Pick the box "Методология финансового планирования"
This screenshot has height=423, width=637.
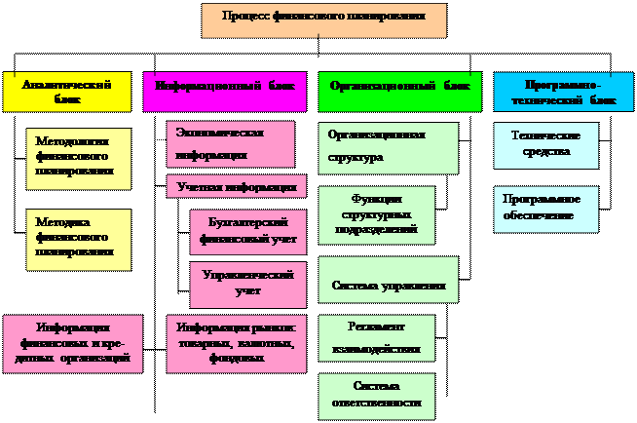[78, 156]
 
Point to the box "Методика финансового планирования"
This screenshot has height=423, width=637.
[78, 238]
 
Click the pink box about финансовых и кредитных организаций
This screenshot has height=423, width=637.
[73, 343]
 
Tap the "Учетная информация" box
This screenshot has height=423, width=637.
[236, 186]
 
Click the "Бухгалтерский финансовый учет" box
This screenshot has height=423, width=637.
[247, 231]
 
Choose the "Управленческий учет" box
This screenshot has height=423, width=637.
[247, 284]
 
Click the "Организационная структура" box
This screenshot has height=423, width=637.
[388, 147]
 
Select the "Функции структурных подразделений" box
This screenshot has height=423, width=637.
[376, 214]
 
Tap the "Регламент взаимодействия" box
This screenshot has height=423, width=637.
[376, 337]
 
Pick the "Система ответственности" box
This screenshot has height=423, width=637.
[376, 395]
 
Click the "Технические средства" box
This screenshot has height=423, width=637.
[545, 145]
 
